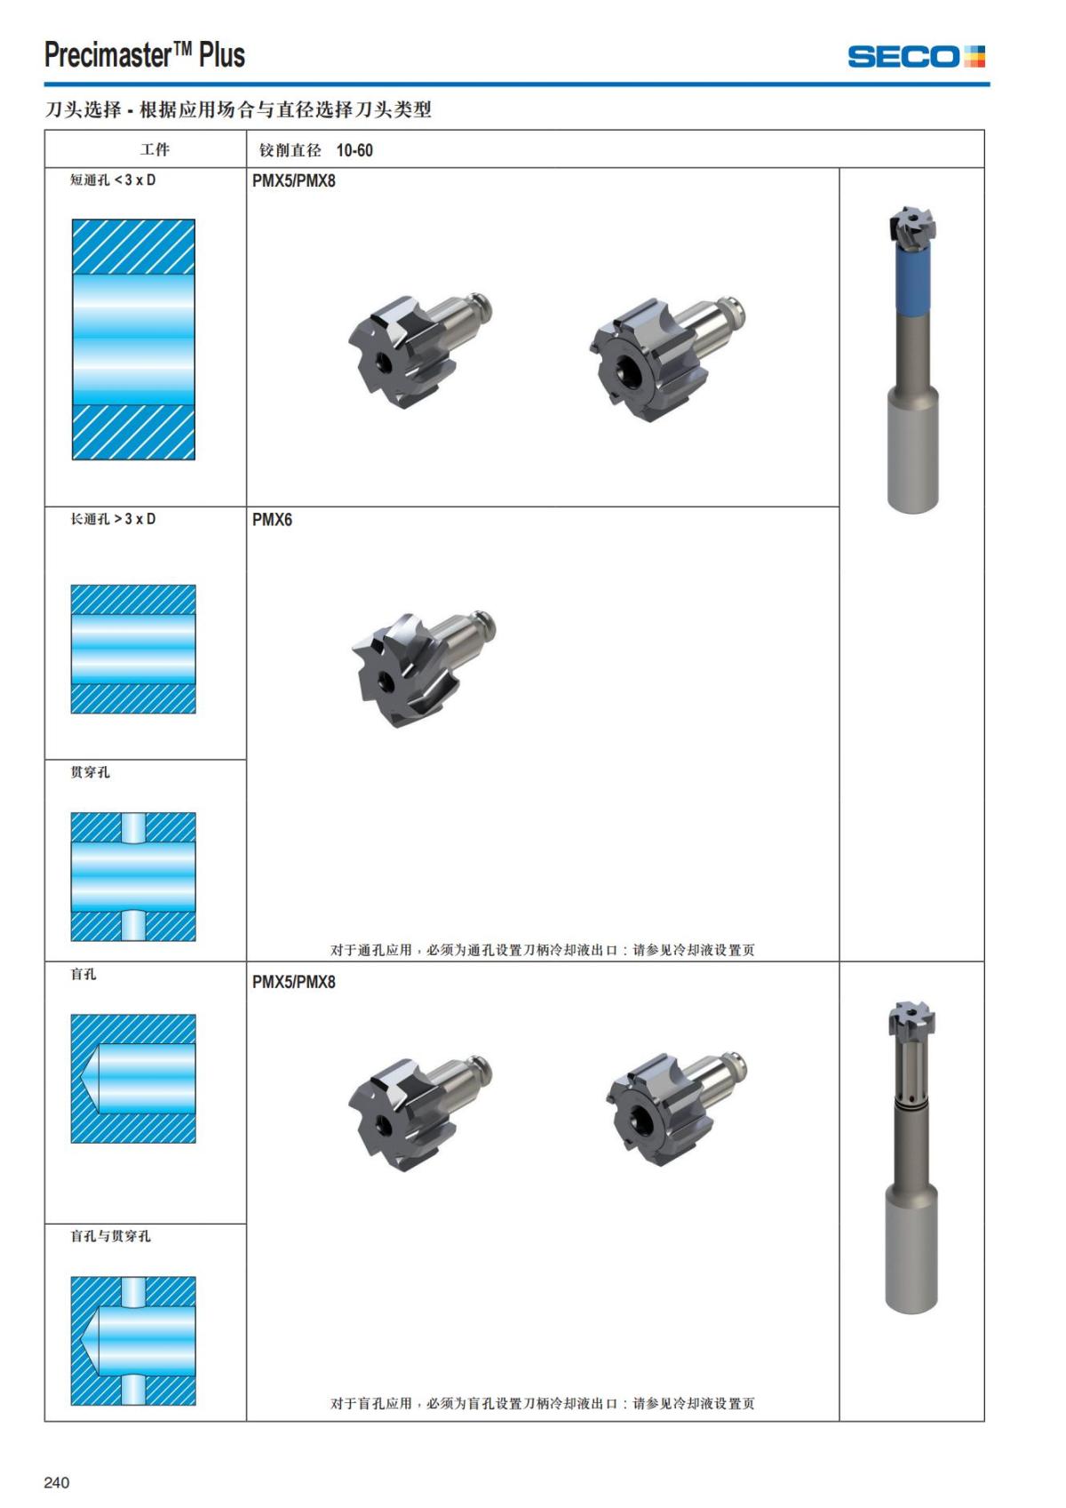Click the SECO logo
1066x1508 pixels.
pyautogui.click(x=916, y=57)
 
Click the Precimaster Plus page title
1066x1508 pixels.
pyautogui.click(x=145, y=55)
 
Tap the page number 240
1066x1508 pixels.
pyautogui.click(x=57, y=1481)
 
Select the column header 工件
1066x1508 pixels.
pyautogui.click(x=155, y=149)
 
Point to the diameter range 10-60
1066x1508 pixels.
pyautogui.click(x=354, y=150)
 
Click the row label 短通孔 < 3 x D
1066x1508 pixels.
pyautogui.click(x=113, y=180)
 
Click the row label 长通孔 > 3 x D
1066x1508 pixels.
pyautogui.click(x=113, y=519)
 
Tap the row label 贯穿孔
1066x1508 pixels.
pyautogui.click(x=91, y=772)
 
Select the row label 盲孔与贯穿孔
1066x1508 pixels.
pyautogui.click(x=110, y=1235)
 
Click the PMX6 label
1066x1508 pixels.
pyautogui.click(x=272, y=520)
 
